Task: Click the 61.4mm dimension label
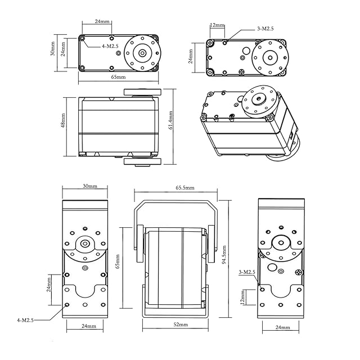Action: point(171,120)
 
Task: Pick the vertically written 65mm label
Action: point(117,262)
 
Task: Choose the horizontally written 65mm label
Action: point(118,77)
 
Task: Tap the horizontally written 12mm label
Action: point(217,25)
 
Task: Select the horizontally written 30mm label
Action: point(89,186)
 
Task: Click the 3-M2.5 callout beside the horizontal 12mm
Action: point(265,28)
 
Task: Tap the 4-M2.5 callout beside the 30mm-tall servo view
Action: point(110,46)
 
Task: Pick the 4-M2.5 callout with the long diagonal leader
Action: point(25,319)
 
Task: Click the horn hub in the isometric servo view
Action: point(259,98)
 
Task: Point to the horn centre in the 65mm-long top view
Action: point(142,53)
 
